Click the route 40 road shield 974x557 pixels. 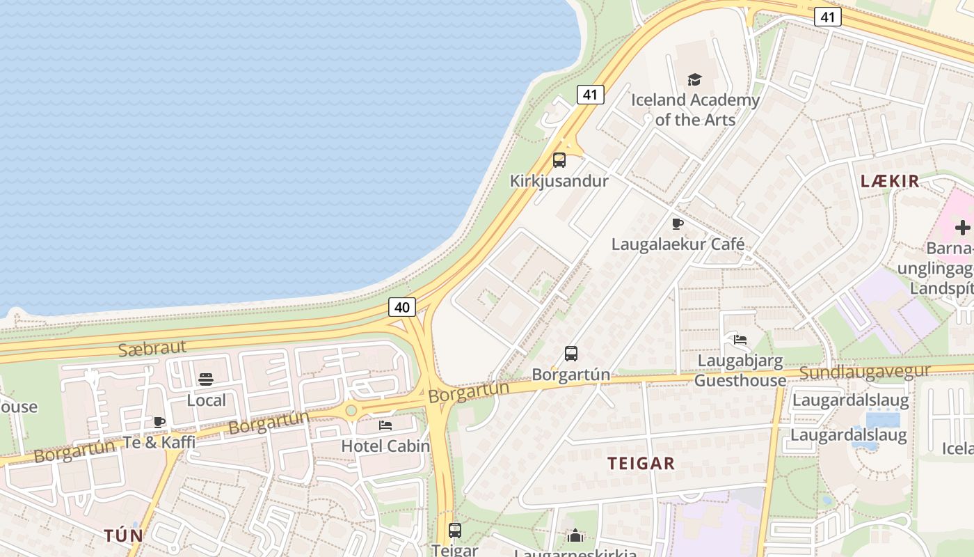[402, 307]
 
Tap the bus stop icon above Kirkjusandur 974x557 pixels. [559, 160]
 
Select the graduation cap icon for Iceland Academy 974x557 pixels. [694, 80]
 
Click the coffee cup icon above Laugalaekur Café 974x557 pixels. [678, 223]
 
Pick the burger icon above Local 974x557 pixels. [206, 379]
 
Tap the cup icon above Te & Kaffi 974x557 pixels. [159, 422]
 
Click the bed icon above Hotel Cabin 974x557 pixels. [385, 425]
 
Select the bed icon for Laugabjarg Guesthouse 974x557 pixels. [740, 340]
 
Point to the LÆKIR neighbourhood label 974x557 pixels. [890, 181]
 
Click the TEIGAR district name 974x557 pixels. [641, 464]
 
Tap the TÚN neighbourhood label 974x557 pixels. [124, 535]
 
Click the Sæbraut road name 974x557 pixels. [153, 347]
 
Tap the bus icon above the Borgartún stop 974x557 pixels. [571, 354]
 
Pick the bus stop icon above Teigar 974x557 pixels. [455, 531]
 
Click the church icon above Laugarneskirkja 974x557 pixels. [575, 535]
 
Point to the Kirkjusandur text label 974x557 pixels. [559, 181]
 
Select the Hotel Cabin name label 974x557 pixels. [385, 446]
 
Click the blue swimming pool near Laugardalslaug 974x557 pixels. [883, 420]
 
